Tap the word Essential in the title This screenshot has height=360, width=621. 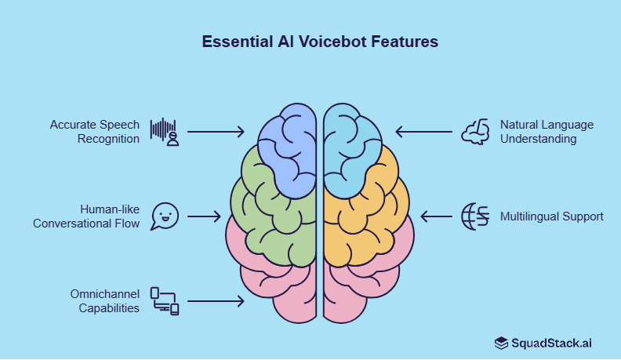click(234, 42)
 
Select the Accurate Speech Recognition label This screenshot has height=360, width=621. click(95, 132)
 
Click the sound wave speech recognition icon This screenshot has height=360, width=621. click(165, 132)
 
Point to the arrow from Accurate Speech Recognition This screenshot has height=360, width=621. click(216, 132)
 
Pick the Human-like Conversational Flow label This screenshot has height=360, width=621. click(86, 216)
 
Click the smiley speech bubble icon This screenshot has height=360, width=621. click(165, 216)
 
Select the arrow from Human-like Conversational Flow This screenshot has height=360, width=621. click(205, 216)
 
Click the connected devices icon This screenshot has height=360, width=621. click(165, 301)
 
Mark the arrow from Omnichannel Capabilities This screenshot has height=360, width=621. click(216, 301)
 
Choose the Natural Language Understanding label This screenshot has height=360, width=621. click(547, 132)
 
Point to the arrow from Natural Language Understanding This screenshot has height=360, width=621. click(423, 132)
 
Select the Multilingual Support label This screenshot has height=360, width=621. click(552, 216)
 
